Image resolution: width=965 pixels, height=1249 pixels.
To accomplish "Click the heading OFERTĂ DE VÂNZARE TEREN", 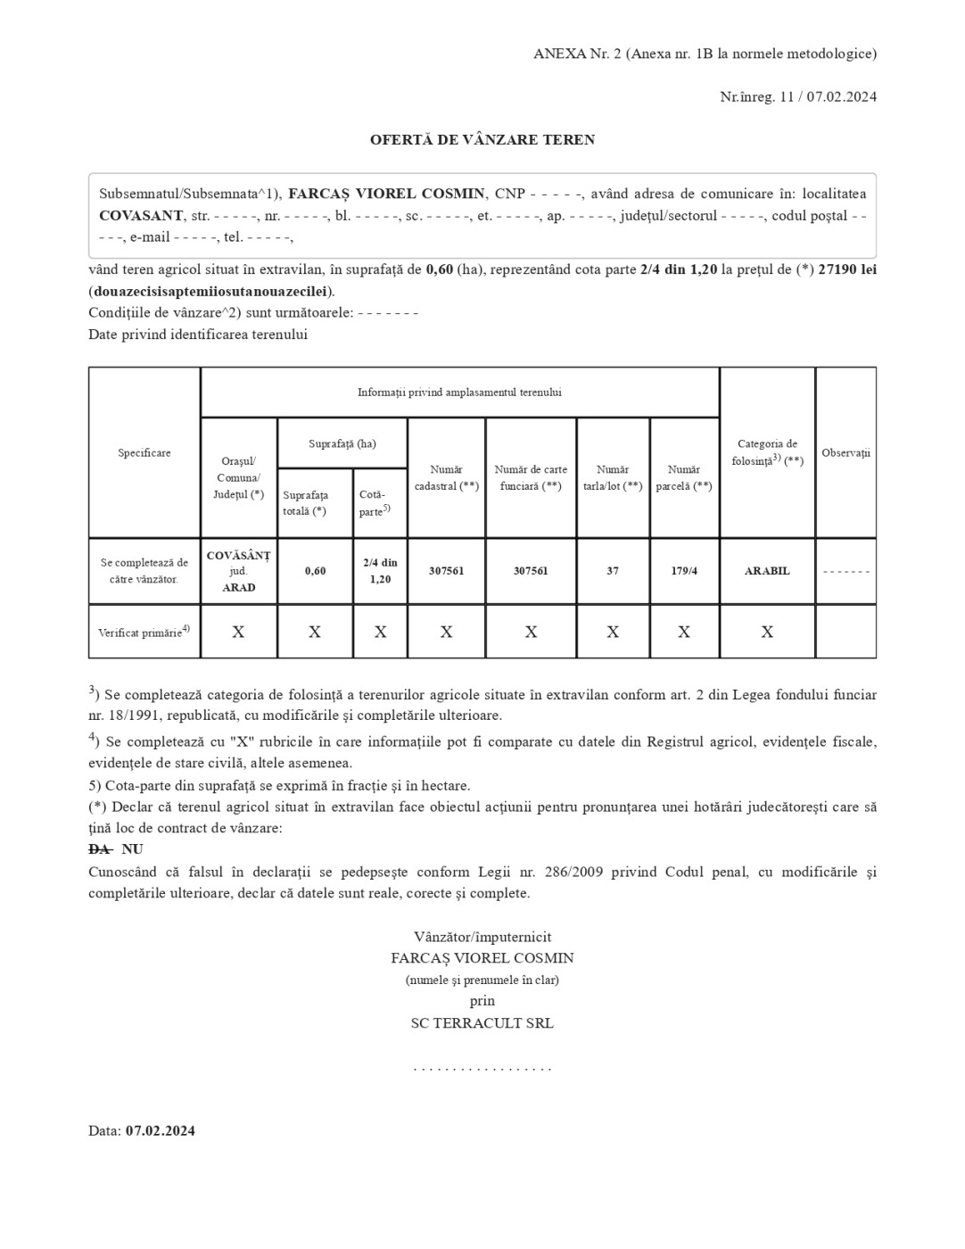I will point(482,140).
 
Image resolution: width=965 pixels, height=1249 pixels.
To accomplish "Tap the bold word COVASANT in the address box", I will point(141,216).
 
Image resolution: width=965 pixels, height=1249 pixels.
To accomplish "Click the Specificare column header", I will point(144,453).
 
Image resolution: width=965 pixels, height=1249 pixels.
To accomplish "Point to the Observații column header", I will point(845,453).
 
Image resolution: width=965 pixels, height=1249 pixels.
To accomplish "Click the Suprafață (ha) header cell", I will point(342,443).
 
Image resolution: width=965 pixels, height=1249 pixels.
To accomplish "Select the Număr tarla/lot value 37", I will point(613,571).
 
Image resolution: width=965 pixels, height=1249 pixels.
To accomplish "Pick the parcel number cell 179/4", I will point(684,571).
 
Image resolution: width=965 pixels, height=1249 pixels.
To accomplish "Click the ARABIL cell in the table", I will point(767,571).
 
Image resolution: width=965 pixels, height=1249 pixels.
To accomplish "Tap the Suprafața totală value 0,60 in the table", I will point(315,571).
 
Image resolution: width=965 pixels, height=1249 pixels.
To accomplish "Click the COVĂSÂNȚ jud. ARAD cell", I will point(238,571).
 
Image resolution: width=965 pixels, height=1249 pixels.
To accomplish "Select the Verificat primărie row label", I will point(144,632).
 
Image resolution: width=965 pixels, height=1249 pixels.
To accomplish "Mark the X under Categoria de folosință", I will point(767,632).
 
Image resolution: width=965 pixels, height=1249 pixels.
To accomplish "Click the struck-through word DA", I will point(99,849).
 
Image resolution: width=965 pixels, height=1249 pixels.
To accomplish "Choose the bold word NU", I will point(132,849).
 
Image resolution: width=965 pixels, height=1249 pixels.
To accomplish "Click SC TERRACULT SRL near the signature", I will point(482,1023).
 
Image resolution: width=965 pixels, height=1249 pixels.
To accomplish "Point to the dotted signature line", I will point(482,1068).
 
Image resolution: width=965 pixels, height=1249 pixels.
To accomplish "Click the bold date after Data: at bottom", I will point(161,1131).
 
